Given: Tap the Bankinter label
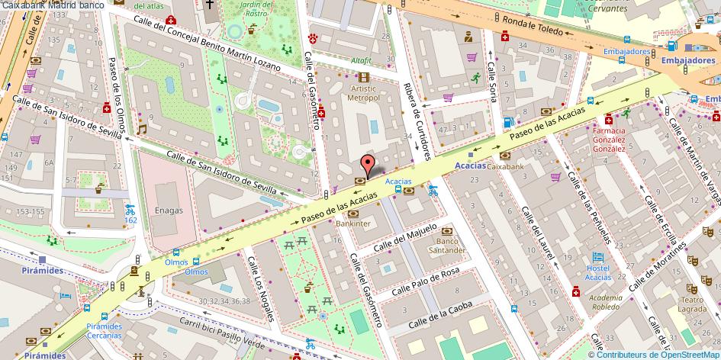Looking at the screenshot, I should pos(353,223).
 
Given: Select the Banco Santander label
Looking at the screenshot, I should pos(446,245).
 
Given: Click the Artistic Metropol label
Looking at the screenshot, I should pos(363,93).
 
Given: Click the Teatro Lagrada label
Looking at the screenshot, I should pos(691,304).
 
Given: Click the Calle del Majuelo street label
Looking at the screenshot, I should pos(406,236).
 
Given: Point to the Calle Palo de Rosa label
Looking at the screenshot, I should pos(426,281).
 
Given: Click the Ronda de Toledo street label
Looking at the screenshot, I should pos(533,27).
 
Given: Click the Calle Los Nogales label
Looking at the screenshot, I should pos(258,279).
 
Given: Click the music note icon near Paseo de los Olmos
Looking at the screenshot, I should pos(142,130).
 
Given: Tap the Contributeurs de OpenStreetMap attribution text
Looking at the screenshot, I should pos(658,354).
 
